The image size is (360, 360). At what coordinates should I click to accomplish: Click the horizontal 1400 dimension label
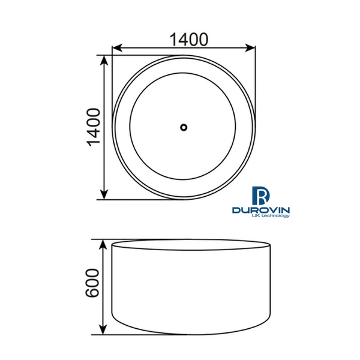tap(188, 39)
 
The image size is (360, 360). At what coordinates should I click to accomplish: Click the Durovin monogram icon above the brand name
tap(262, 195)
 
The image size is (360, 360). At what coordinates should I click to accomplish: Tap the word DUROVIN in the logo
tap(262, 210)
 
